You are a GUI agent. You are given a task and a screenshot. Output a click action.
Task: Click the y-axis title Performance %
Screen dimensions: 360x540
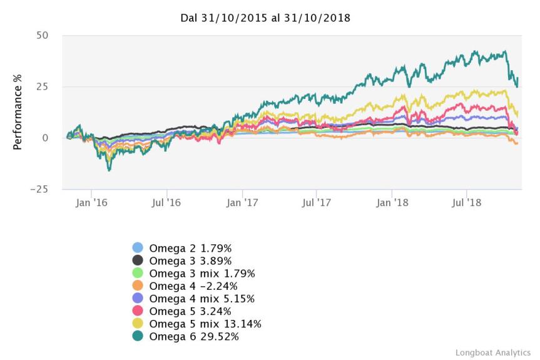18,112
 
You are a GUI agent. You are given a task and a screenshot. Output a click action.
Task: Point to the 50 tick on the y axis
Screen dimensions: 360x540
42,35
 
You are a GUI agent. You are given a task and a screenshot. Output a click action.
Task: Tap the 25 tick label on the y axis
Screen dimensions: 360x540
42,86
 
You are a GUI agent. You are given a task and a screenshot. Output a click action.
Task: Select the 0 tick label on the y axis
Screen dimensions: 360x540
45,138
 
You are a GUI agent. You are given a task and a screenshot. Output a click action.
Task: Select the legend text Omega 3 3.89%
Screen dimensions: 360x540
190,260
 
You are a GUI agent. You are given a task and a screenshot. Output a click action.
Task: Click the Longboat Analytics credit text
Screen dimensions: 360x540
493,352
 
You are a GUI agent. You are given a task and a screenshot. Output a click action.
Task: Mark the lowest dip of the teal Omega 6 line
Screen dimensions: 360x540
109,170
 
